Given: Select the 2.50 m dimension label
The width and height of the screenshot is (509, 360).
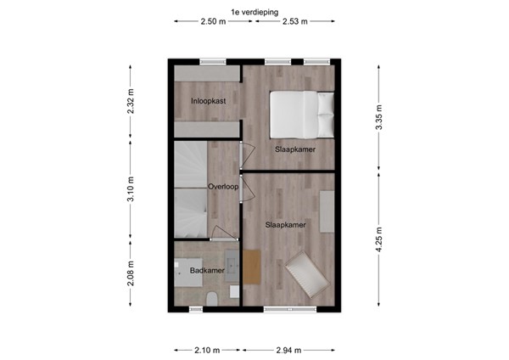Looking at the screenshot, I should pos(213,22).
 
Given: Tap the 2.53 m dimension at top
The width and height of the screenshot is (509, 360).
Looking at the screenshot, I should pos(294,22).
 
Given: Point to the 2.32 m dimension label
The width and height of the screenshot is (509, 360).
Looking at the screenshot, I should pos(131,104).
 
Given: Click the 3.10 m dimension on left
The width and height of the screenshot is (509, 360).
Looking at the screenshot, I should pos(131,189).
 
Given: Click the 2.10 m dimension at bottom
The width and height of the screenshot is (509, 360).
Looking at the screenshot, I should pos(206,349).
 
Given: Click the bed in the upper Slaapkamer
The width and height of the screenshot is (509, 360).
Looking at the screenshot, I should pos(301,113).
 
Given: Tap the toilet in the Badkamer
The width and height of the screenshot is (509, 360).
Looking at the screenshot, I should pos(212,298).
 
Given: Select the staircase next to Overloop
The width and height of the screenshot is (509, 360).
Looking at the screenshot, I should pos(191,189).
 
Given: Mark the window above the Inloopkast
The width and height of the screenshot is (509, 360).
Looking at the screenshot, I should pos(212,61).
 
